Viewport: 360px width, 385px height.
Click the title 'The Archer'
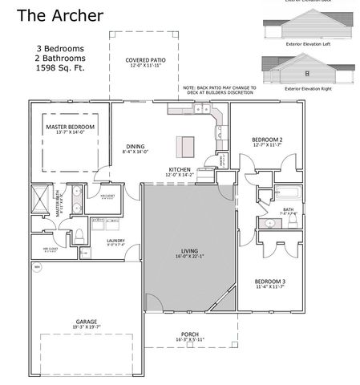point(60,15)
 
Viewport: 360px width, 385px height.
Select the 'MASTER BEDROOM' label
point(71,128)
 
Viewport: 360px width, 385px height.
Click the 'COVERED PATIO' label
point(145,60)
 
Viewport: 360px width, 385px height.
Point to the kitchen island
point(186,146)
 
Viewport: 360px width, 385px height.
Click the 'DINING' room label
point(135,145)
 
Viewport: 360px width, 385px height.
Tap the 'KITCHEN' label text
point(180,170)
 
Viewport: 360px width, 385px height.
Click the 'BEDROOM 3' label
point(270,282)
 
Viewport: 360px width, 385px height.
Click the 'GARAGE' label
point(87,320)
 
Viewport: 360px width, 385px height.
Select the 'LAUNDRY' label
point(115,241)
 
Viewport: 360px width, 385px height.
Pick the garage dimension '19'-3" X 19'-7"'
point(87,326)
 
